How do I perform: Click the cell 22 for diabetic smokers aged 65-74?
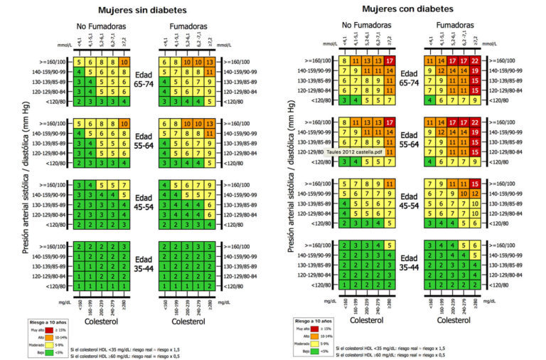point(473,62)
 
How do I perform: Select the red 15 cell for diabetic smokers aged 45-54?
point(473,184)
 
